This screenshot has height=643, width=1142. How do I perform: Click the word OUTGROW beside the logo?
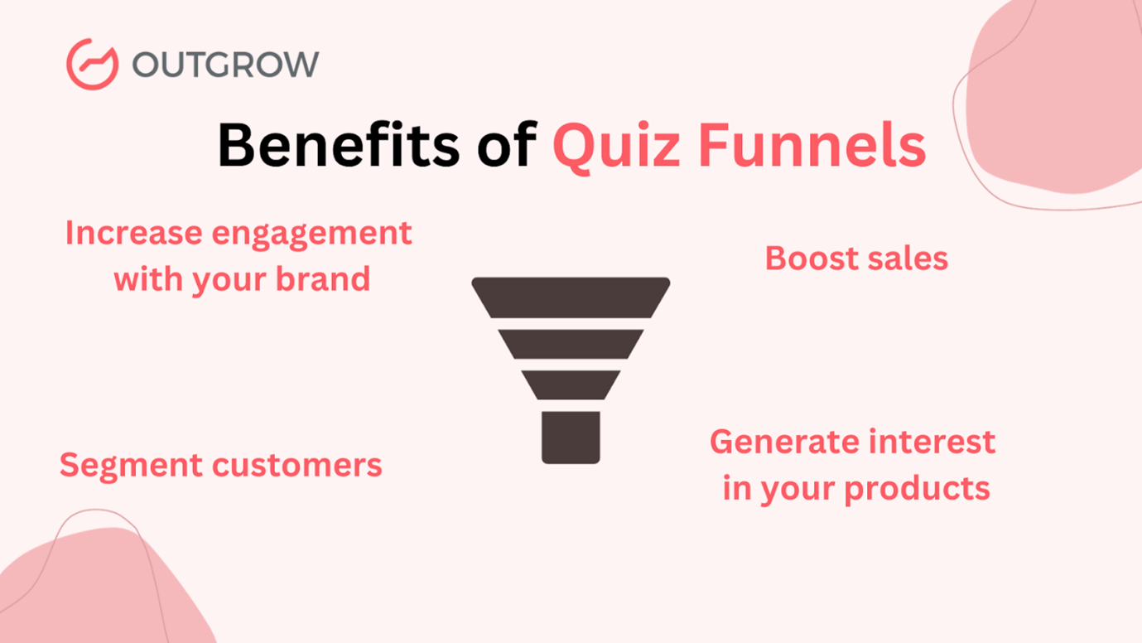click(x=225, y=65)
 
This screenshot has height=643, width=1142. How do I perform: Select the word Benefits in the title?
click(x=339, y=145)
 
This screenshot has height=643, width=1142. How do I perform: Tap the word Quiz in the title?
click(x=616, y=147)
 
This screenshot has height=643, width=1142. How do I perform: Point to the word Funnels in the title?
click(x=812, y=145)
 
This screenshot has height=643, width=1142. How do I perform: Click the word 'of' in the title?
click(x=507, y=145)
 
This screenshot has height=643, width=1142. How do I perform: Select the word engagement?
click(x=311, y=235)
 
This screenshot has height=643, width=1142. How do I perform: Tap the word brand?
click(x=323, y=278)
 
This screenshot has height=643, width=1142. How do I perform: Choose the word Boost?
click(x=812, y=258)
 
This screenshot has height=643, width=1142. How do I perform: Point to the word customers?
click(x=297, y=466)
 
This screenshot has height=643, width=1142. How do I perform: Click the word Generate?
click(x=784, y=442)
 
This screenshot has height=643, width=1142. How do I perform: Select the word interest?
click(x=932, y=442)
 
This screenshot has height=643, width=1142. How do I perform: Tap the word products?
click(x=918, y=490)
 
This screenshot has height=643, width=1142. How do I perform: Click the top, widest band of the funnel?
click(x=571, y=297)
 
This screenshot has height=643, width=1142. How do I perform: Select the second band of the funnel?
click(x=571, y=344)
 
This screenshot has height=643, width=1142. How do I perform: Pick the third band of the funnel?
click(x=571, y=385)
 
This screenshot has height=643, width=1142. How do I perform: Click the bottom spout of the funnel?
click(x=571, y=438)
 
